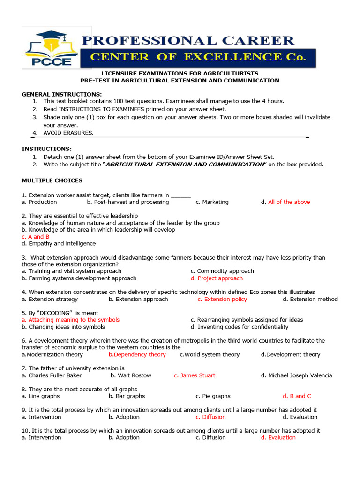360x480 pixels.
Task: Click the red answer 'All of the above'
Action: pos(289,202)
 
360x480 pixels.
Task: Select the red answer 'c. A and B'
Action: pos(36,237)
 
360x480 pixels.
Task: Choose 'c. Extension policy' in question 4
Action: pos(222,299)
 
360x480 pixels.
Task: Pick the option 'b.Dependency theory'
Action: pos(137,354)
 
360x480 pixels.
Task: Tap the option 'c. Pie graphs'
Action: pos(213,396)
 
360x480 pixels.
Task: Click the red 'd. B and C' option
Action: pos(297,396)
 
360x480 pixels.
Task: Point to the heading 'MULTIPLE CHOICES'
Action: pos(52,180)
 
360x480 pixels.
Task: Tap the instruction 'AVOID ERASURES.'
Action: pos(68,133)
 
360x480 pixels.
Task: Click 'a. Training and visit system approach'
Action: pos(71,271)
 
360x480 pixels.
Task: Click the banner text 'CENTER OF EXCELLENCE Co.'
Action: pos(197,57)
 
